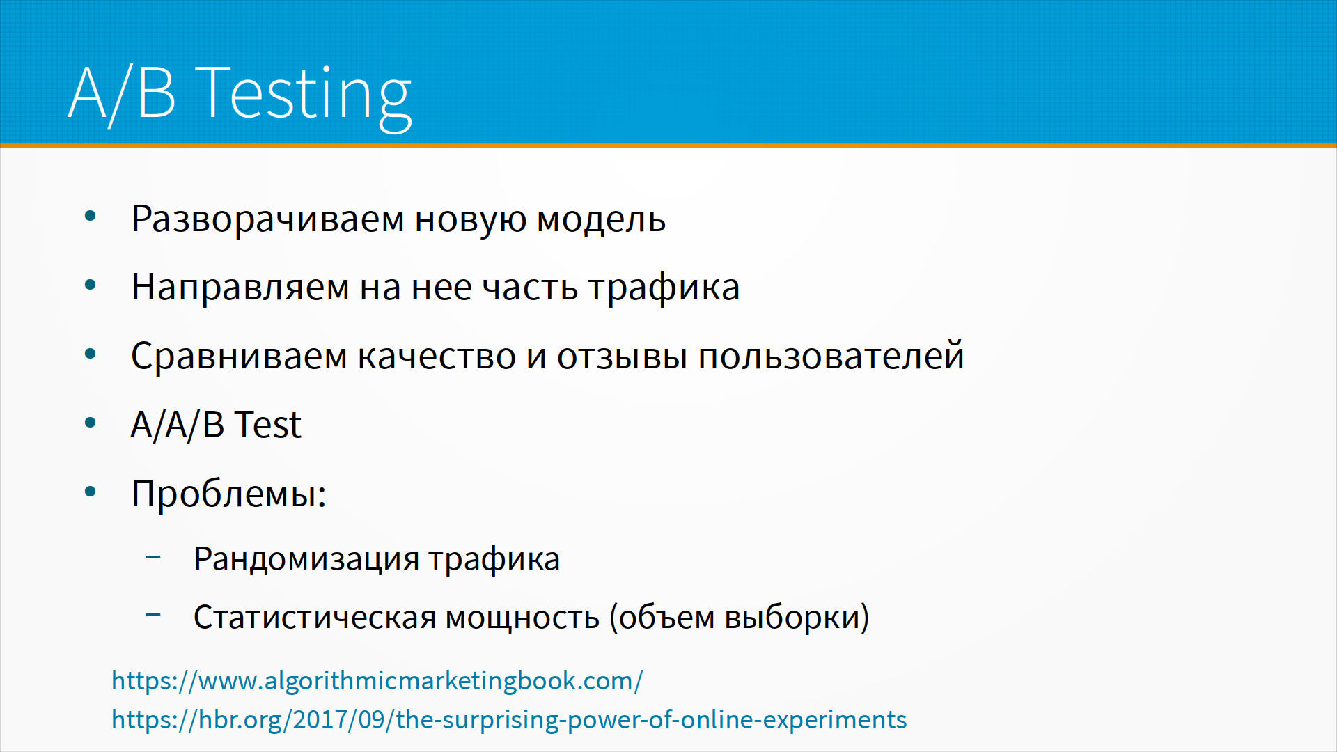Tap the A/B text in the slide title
tap(122, 94)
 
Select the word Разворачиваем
tap(267, 220)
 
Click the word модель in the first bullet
tap(601, 220)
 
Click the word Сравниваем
tap(239, 356)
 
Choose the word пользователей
tap(831, 357)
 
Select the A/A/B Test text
tap(216, 424)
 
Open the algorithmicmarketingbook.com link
tap(377, 681)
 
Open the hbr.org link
tap(509, 720)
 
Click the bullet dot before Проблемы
tap(90, 492)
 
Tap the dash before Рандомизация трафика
tap(153, 556)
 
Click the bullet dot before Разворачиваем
tap(90, 217)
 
